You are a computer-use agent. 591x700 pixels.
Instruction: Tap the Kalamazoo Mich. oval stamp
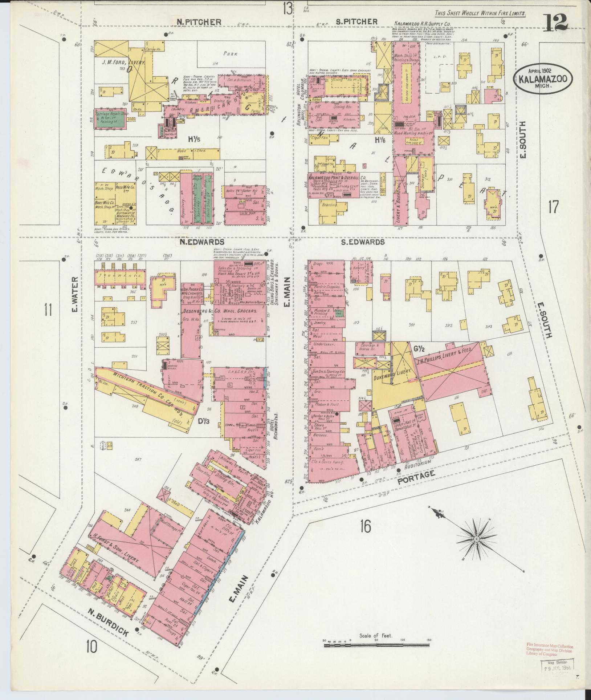click(x=543, y=77)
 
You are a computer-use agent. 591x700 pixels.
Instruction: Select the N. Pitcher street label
click(x=199, y=22)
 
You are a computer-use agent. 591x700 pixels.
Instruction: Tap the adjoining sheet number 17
click(x=553, y=207)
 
